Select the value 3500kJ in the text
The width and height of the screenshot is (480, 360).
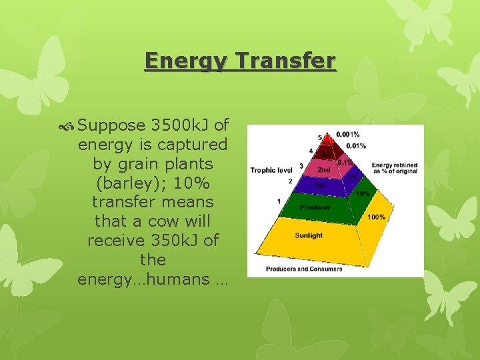coord(181,125)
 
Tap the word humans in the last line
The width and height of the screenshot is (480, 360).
coord(177,279)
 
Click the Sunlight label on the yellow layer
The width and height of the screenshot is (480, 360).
coord(309,235)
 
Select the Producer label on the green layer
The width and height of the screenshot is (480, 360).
coord(315,207)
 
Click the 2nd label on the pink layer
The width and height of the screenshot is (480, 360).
coord(323,170)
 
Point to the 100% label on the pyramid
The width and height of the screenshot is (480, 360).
coord(377,217)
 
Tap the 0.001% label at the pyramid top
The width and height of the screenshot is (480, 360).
coord(348,135)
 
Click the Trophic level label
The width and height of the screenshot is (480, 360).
coord(272,170)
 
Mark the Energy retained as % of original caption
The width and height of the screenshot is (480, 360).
coord(395,169)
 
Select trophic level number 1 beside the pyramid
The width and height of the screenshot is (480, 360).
coord(279,201)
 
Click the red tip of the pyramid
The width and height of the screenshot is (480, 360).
coord(327,139)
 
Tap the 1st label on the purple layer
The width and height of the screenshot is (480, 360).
coord(320,185)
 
